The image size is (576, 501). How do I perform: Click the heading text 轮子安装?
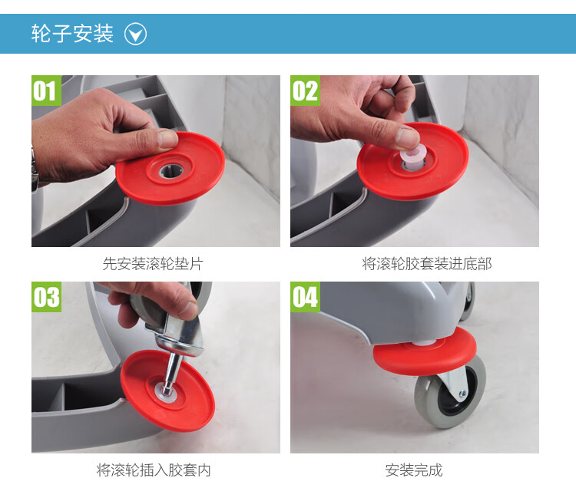pyautogui.click(x=72, y=34)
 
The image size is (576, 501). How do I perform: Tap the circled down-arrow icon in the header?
pyautogui.click(x=135, y=34)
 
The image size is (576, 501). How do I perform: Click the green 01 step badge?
pyautogui.click(x=46, y=91)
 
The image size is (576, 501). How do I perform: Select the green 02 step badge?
pyautogui.click(x=305, y=91)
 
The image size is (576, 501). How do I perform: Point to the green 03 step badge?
pyautogui.click(x=46, y=297)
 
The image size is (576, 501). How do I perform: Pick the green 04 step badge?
pyautogui.click(x=305, y=297)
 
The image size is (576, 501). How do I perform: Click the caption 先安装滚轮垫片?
pyautogui.click(x=153, y=263)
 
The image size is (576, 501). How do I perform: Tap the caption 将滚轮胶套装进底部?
pyautogui.click(x=427, y=263)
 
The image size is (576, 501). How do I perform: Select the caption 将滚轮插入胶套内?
pyautogui.click(x=154, y=470)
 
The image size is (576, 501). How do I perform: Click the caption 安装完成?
pyautogui.click(x=414, y=470)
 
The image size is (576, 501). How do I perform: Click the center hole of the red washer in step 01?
pyautogui.click(x=170, y=170)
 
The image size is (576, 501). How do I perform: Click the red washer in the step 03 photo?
pyautogui.click(x=167, y=391)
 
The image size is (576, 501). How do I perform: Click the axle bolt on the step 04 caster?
pyautogui.click(x=462, y=394)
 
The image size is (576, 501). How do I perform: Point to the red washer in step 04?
pyautogui.click(x=425, y=351)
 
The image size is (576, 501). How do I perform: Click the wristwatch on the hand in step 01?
pyautogui.click(x=35, y=172)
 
